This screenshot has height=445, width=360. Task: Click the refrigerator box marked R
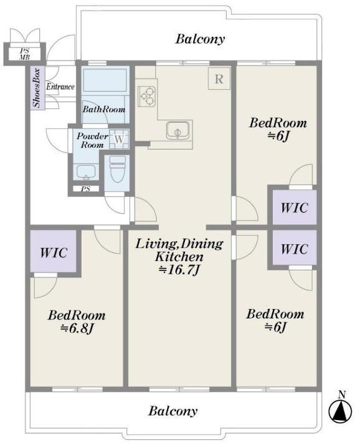pos(219,79)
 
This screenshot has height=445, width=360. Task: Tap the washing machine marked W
pos(120,139)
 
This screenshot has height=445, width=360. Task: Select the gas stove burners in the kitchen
pos(147,96)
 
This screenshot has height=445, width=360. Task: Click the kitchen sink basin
pos(178,131)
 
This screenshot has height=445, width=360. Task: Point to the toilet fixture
pos(118,169)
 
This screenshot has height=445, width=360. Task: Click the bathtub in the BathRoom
pos(105,80)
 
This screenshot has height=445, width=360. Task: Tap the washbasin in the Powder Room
pos(86,171)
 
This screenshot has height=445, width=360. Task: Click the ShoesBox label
pos(37,88)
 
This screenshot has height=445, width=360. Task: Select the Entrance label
pos(60,87)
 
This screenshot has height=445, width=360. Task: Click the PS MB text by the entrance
pos(25,54)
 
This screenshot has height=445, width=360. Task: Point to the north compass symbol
pos(341,408)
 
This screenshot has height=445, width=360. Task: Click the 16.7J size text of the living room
pos(179,270)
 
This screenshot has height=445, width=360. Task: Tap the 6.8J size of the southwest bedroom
pos(77,328)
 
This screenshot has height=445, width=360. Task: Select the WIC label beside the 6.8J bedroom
pos(54,252)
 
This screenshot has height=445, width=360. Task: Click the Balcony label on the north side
pos(200,39)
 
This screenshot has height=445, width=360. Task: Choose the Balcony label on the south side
pos(173,411)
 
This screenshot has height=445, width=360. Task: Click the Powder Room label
pos(92,140)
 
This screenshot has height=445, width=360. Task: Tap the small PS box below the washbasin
pos(86,189)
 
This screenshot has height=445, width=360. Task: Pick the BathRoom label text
pos(104,109)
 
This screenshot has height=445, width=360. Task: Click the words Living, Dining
pos(179,244)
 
